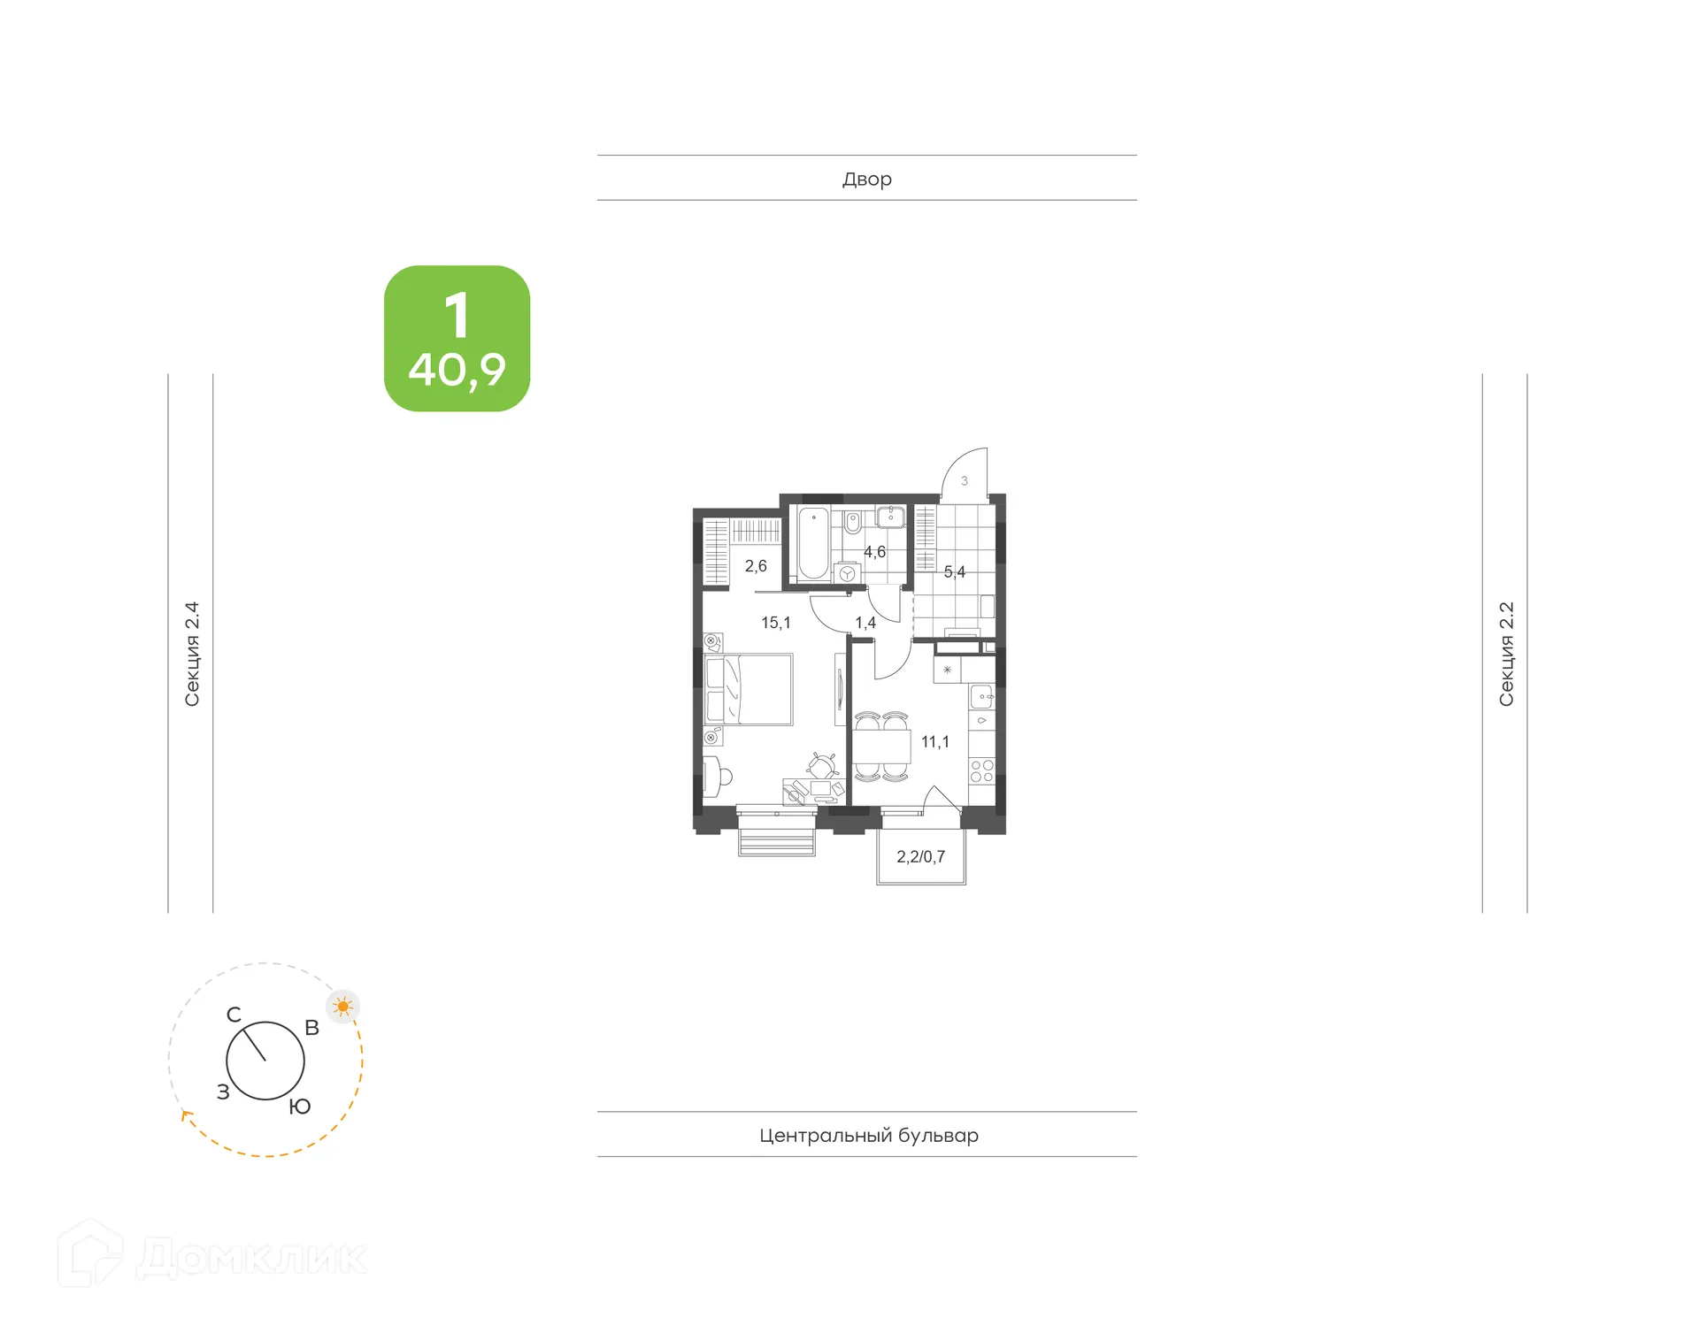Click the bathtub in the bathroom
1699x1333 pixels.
813,543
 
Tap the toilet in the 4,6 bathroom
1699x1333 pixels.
852,523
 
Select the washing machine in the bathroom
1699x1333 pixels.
848,573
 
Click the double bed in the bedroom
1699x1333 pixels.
749,689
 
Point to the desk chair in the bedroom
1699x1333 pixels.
823,765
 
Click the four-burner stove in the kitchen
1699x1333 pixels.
981,770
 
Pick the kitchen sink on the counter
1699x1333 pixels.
981,697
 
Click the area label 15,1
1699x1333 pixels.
776,623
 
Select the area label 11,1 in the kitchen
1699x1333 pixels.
934,742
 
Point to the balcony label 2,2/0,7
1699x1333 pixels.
920,856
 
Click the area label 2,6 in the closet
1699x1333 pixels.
756,566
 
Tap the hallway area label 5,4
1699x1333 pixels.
954,572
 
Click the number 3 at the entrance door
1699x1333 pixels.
965,481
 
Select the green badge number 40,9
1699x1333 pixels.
457,370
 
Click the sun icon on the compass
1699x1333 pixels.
343,1007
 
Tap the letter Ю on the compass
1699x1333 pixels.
300,1107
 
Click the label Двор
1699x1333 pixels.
866,179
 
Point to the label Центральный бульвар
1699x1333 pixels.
868,1135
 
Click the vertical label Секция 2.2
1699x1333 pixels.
1506,654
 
